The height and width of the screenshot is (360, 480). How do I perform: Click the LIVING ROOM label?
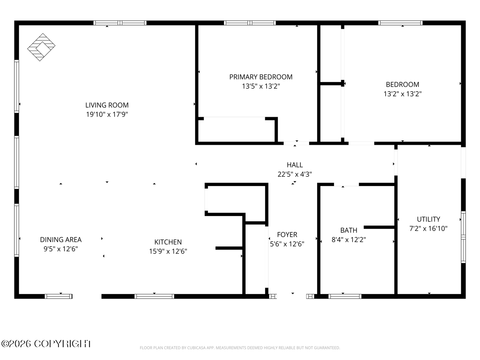(107, 105)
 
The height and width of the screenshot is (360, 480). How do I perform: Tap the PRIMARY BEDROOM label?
(261, 77)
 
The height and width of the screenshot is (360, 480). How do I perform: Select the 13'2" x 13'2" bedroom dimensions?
(402, 94)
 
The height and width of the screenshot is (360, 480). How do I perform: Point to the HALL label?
(294, 165)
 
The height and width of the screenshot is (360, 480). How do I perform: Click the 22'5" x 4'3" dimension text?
(294, 174)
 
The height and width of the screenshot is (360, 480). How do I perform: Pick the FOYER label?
(287, 234)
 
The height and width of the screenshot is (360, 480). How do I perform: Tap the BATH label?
(348, 230)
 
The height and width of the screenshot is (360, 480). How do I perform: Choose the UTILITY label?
(428, 219)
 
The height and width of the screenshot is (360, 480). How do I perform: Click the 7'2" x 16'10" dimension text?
(428, 228)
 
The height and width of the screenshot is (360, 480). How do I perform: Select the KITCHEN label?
(168, 242)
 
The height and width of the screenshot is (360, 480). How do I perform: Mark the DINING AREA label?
(61, 240)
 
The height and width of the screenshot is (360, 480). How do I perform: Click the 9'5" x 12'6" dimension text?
(61, 249)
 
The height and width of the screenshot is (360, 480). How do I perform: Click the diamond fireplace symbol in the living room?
(41, 47)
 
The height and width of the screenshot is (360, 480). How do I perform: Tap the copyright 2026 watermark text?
(46, 344)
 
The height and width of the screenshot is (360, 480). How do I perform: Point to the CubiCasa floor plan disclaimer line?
(240, 348)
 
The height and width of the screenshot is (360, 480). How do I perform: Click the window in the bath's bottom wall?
(345, 296)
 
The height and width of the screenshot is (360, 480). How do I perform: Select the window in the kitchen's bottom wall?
(154, 296)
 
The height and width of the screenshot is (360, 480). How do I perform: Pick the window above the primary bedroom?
(250, 23)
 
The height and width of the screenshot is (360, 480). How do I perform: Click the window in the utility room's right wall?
(463, 237)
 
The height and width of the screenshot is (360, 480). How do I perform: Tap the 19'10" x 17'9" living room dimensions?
(107, 114)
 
